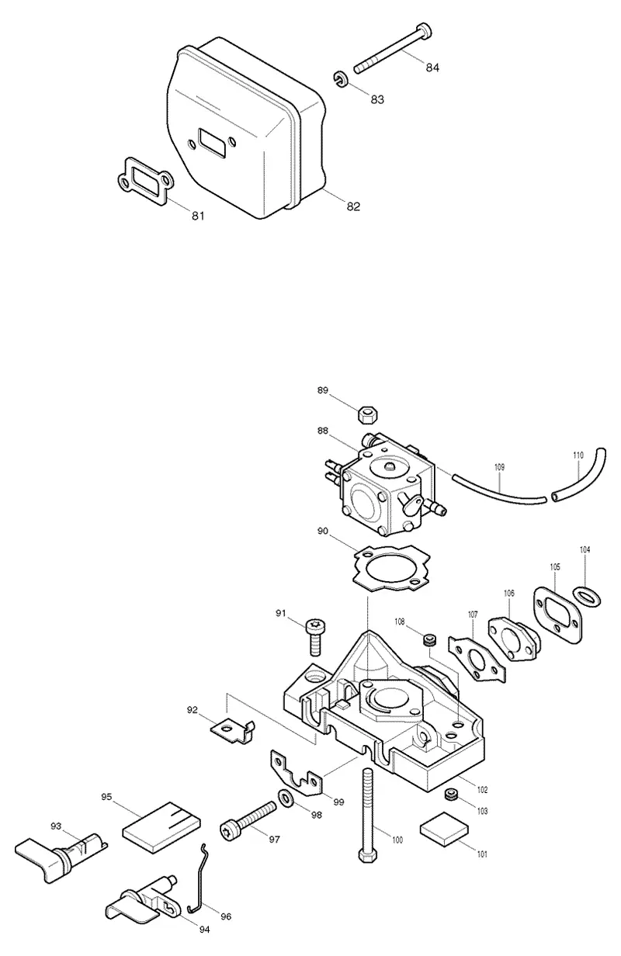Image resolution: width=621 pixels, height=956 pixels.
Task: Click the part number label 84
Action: click(x=432, y=68)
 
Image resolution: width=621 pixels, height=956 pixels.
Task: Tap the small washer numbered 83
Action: click(x=340, y=79)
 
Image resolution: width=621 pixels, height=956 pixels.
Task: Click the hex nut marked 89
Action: click(x=368, y=415)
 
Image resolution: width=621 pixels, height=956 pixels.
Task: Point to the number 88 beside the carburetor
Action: click(x=323, y=431)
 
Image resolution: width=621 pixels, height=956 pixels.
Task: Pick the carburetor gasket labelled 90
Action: click(x=391, y=569)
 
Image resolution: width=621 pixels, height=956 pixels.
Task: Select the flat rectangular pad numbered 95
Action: click(x=161, y=826)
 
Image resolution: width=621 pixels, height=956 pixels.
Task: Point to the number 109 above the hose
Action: click(x=499, y=467)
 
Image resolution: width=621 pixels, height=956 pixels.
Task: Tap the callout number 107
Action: click(x=473, y=615)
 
